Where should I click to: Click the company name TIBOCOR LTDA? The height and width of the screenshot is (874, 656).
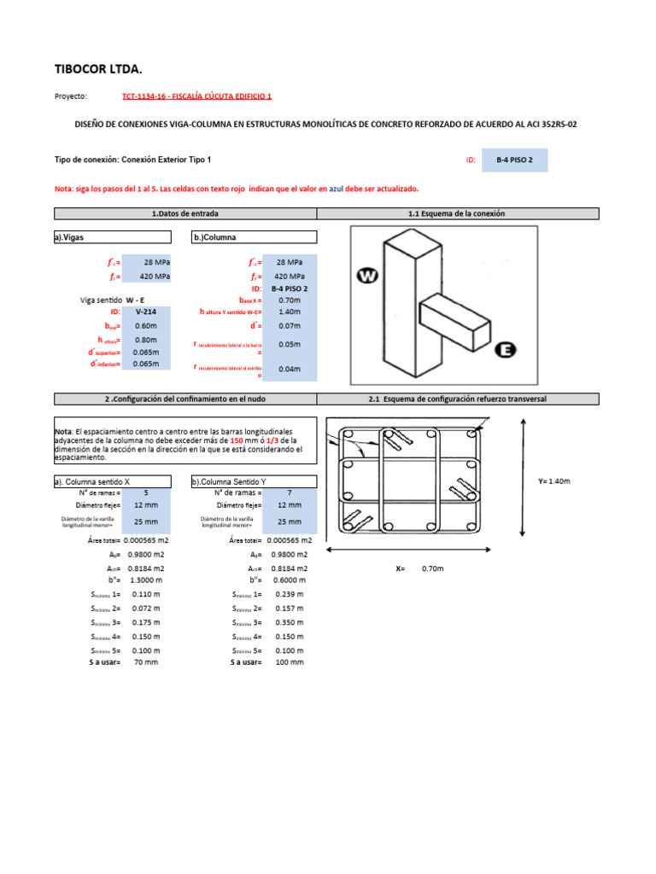(x=98, y=68)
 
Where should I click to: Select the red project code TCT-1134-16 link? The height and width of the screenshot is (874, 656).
(x=197, y=97)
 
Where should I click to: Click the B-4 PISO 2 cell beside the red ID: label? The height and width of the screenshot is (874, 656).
(x=514, y=160)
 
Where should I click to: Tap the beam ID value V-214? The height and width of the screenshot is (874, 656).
(x=146, y=313)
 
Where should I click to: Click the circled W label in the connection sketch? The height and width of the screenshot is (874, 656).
(x=368, y=276)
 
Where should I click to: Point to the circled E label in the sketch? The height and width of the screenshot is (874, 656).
(x=506, y=350)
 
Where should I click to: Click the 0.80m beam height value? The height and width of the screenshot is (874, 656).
(x=146, y=339)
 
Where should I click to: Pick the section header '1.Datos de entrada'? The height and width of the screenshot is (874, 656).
(x=185, y=213)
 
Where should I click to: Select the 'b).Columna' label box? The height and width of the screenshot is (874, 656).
(x=254, y=237)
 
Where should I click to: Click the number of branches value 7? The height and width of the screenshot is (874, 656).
(x=289, y=492)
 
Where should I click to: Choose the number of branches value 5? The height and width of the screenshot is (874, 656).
(x=146, y=492)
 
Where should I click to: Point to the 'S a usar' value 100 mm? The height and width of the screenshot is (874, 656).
(x=289, y=661)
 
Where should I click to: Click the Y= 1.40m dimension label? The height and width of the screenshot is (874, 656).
(x=553, y=481)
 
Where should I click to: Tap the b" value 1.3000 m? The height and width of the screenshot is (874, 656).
(x=146, y=580)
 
